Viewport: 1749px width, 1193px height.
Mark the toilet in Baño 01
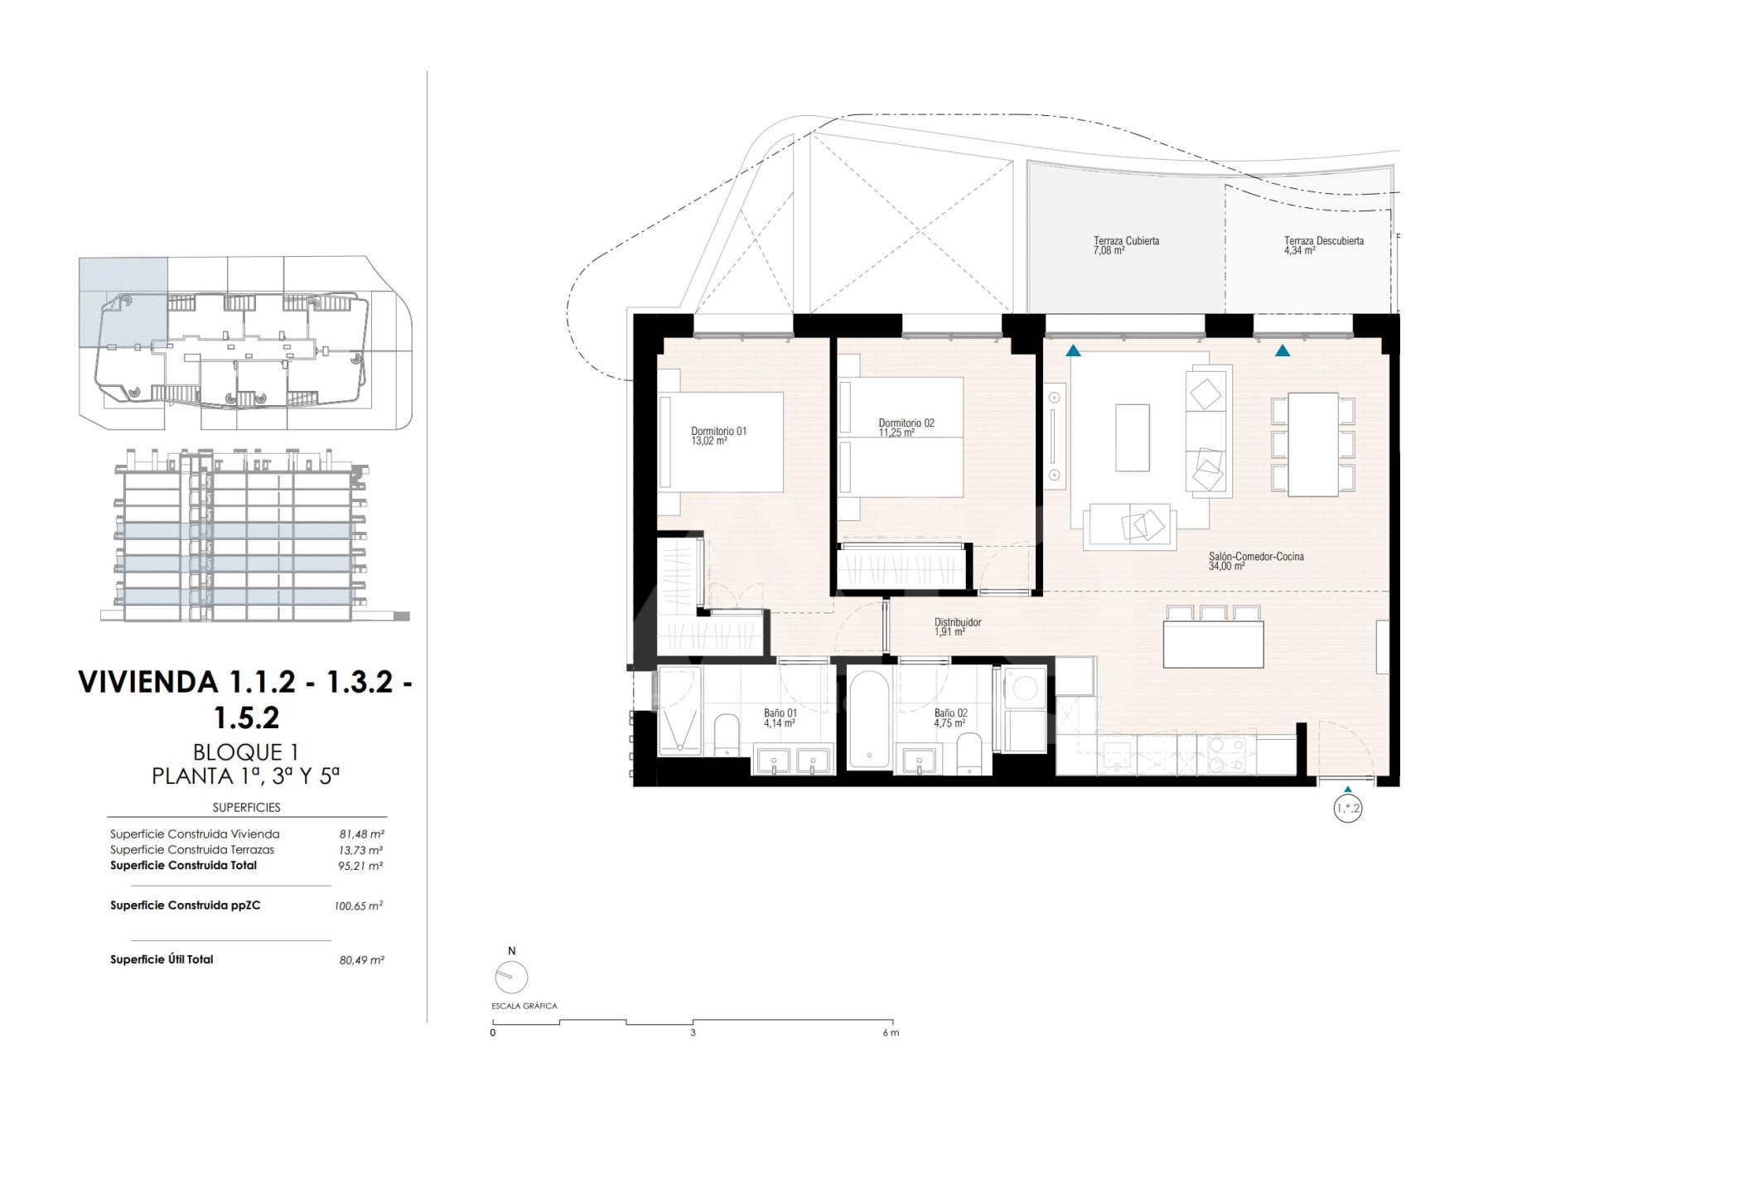[x=727, y=735]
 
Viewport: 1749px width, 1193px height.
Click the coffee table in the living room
[x=1132, y=437]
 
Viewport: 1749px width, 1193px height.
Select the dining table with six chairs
[x=1313, y=444]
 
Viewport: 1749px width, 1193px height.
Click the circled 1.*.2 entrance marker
[x=1348, y=808]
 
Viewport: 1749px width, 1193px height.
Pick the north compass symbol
[x=511, y=977]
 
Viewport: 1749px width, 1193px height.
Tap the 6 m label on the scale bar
[x=891, y=1033]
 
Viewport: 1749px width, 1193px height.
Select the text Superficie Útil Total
[x=162, y=959]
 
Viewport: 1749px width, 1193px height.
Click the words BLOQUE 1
[x=245, y=752]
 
